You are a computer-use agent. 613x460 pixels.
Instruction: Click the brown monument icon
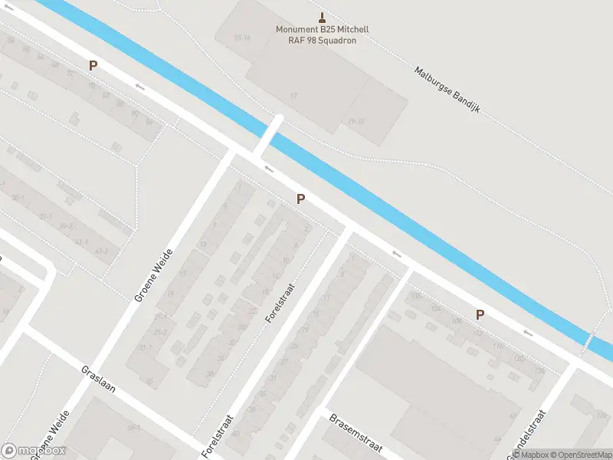point(322,18)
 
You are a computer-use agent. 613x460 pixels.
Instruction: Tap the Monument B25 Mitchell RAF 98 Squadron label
point(322,35)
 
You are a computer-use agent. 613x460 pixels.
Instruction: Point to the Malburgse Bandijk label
point(447,89)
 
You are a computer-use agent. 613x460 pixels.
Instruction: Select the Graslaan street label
point(98,378)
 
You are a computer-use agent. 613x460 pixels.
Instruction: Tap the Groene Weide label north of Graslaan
point(153,274)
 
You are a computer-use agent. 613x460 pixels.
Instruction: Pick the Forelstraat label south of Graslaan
point(214,440)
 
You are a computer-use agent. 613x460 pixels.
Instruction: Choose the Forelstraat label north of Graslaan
point(278,303)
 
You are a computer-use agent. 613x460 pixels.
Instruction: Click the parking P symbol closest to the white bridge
point(301,199)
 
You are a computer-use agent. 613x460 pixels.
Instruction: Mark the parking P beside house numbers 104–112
point(480,314)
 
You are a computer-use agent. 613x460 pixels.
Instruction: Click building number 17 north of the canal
point(293,95)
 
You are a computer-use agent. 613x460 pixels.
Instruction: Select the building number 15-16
point(242,37)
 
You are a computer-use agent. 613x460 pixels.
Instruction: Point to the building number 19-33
point(356,121)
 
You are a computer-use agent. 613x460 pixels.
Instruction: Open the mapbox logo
point(34,451)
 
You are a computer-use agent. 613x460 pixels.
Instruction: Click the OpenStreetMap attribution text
point(579,454)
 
